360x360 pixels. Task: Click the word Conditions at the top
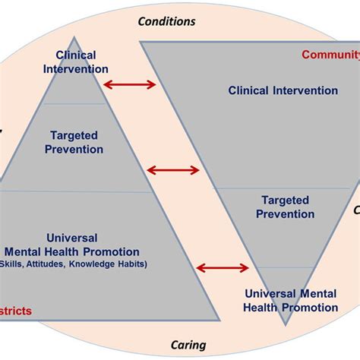[166, 21]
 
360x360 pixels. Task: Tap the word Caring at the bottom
[187, 345]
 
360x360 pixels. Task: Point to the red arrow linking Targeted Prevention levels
[172, 170]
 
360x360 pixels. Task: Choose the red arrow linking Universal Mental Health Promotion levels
[223, 267]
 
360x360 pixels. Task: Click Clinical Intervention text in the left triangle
[77, 62]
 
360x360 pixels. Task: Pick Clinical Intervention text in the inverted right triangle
[283, 90]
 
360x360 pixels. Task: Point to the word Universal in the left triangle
[72, 238]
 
